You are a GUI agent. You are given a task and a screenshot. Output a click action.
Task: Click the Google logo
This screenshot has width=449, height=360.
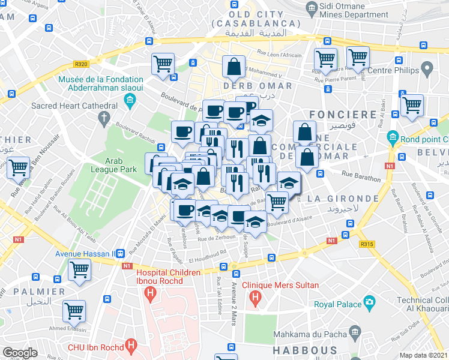coord(20,353)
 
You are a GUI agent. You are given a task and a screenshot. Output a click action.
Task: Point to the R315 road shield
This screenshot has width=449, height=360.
coord(366,244)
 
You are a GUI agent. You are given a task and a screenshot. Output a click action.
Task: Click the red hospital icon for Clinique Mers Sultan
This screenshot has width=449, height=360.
coord(255,296)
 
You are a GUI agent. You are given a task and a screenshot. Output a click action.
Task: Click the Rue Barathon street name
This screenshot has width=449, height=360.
coord(361,178)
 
